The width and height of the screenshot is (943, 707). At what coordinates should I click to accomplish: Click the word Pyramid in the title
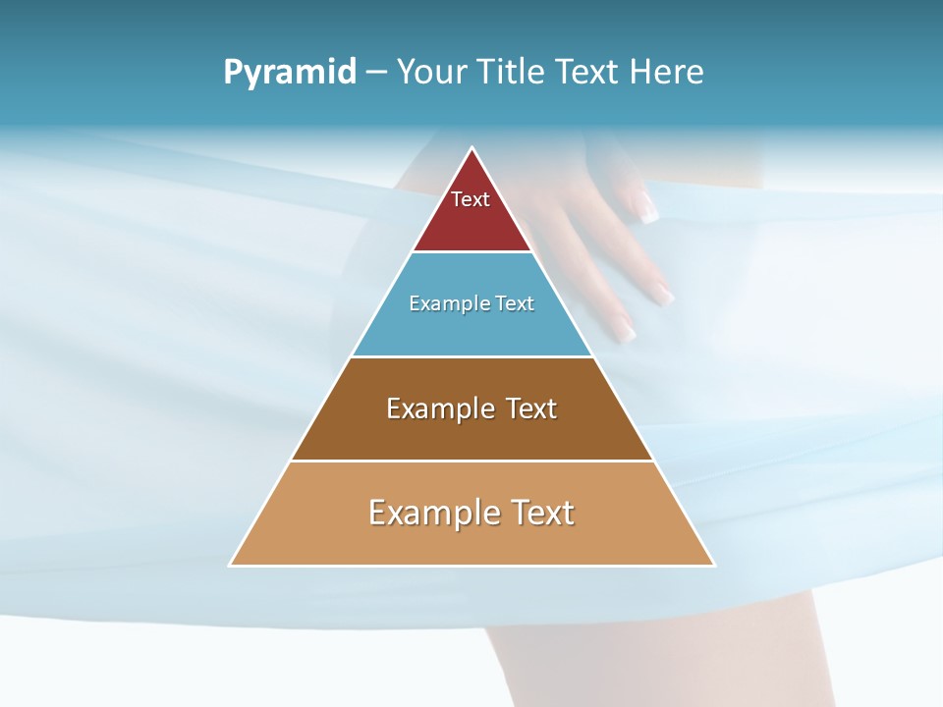tap(289, 73)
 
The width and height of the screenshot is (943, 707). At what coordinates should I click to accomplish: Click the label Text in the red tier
tap(471, 199)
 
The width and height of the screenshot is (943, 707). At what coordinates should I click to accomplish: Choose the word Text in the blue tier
tap(515, 303)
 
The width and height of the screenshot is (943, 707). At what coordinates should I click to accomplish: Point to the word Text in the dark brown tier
tap(531, 408)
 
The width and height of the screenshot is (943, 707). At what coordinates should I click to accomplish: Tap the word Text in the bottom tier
tap(542, 513)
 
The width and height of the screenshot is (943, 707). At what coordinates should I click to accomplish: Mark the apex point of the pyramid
tap(472, 148)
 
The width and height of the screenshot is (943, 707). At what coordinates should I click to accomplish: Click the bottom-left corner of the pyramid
tap(231, 565)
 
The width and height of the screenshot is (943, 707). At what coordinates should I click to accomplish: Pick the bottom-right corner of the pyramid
tap(714, 565)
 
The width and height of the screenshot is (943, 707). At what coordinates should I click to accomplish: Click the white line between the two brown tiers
tap(471, 461)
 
